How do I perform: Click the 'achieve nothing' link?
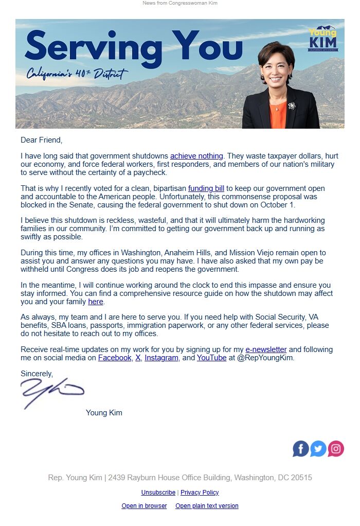(x=196, y=156)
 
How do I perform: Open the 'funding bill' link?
(x=206, y=189)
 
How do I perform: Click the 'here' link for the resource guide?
(x=96, y=302)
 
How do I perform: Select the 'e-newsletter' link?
(x=266, y=349)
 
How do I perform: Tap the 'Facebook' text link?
(x=115, y=358)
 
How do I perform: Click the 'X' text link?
(x=138, y=358)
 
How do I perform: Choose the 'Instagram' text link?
(x=161, y=358)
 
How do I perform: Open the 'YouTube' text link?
(x=211, y=358)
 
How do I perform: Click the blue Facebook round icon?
(x=301, y=449)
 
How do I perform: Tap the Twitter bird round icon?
(x=318, y=449)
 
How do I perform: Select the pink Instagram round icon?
(x=336, y=449)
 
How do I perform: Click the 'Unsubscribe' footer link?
(x=158, y=493)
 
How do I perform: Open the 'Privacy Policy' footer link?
(x=200, y=493)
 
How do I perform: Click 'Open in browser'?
(x=144, y=506)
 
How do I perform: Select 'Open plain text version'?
(x=207, y=506)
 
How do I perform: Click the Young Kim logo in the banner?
(x=322, y=39)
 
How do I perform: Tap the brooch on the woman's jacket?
(x=292, y=106)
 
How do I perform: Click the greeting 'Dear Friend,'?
(x=41, y=140)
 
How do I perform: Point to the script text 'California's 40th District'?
(x=77, y=74)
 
